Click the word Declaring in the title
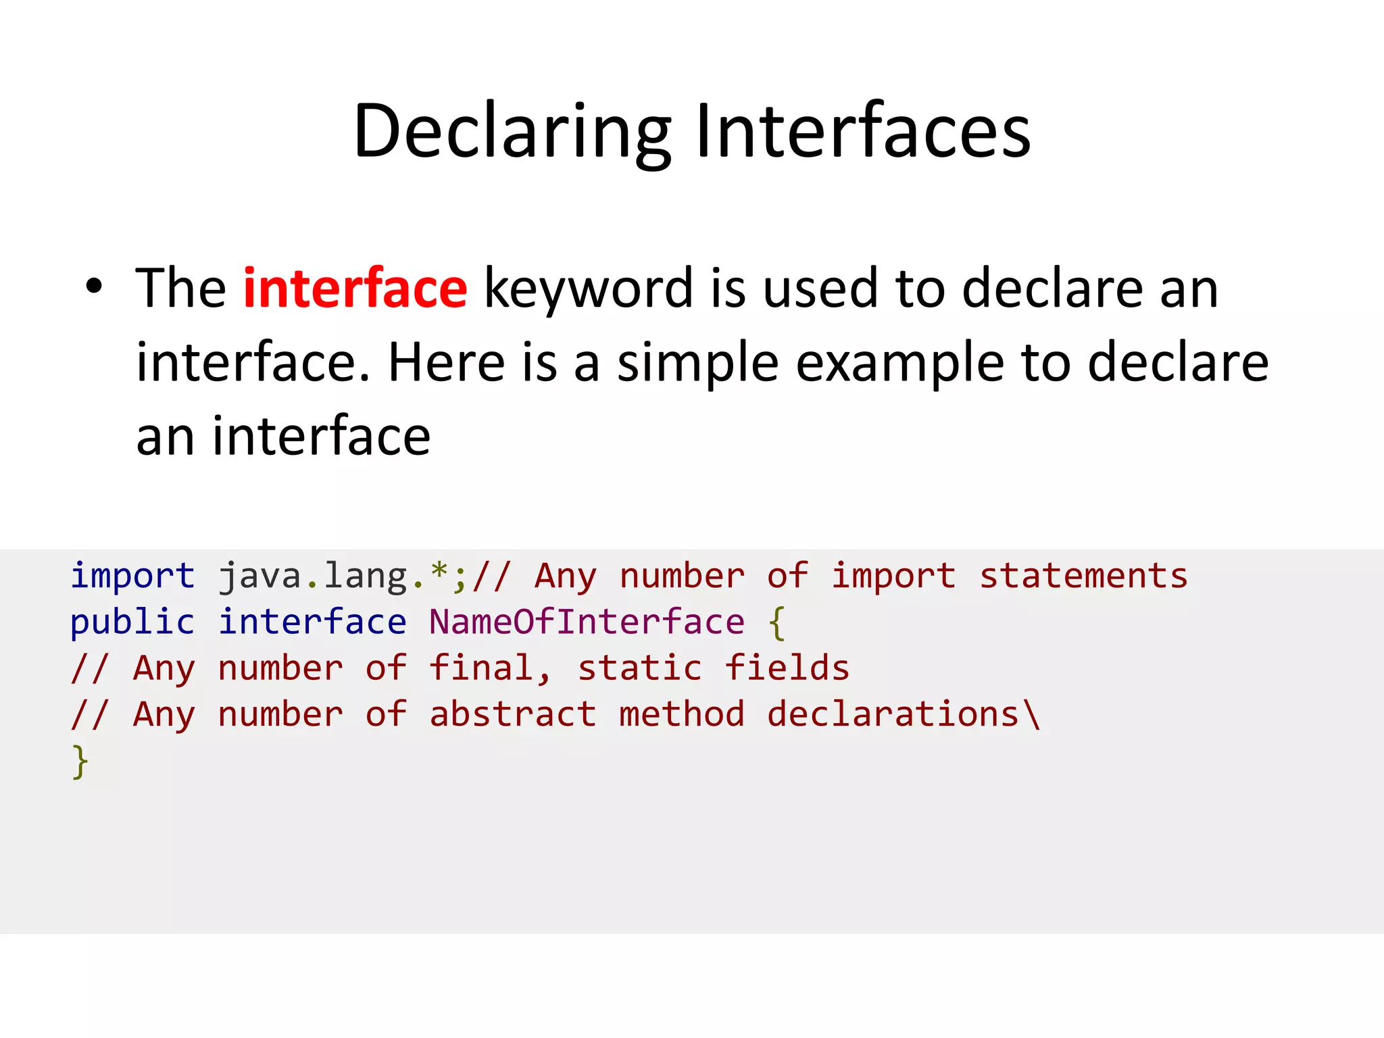click(x=512, y=132)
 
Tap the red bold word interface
click(x=355, y=289)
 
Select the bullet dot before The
click(x=94, y=287)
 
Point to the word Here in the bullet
click(x=446, y=363)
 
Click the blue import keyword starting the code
click(x=132, y=576)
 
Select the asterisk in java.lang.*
click(x=439, y=573)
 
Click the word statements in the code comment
click(x=1083, y=576)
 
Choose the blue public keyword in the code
click(x=132, y=622)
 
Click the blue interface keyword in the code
click(x=312, y=622)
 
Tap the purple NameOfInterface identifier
click(x=587, y=622)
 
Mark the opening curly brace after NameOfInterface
click(x=777, y=623)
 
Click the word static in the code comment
click(x=639, y=668)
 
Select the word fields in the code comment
click(x=787, y=668)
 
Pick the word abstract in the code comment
click(x=513, y=714)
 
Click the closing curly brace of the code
click(x=80, y=762)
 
